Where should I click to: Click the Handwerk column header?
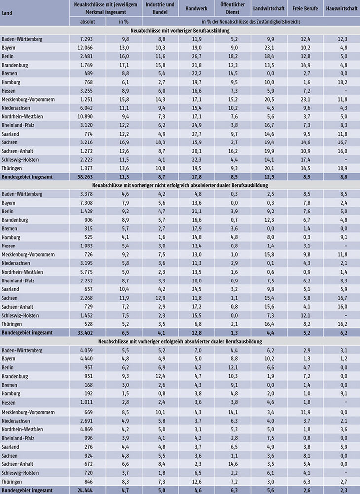196,8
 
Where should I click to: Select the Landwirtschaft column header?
269,8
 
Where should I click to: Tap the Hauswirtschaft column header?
342,8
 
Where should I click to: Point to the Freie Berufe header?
305,8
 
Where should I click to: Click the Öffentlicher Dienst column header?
233,8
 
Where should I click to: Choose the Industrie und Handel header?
160,8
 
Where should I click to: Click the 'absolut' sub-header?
87,22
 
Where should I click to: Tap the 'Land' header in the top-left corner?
7,13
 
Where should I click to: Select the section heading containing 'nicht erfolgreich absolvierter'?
180,185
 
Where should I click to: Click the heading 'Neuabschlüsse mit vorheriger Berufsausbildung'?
180,31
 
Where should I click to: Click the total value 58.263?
85,177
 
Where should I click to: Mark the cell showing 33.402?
85,333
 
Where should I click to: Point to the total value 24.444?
85,490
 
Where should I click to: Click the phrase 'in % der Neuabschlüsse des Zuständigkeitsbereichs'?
251,22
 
